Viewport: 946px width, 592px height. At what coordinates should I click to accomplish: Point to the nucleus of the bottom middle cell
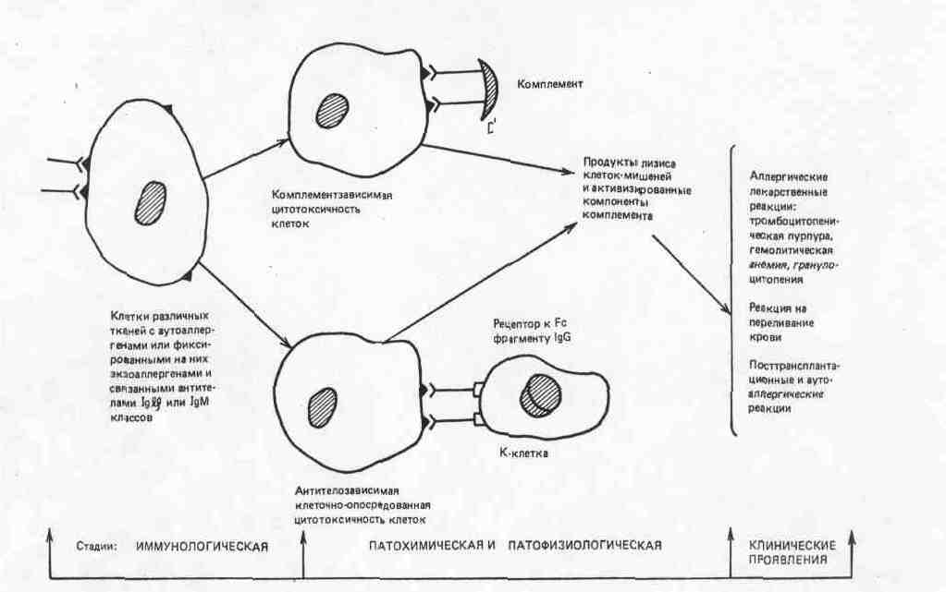click(323, 404)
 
